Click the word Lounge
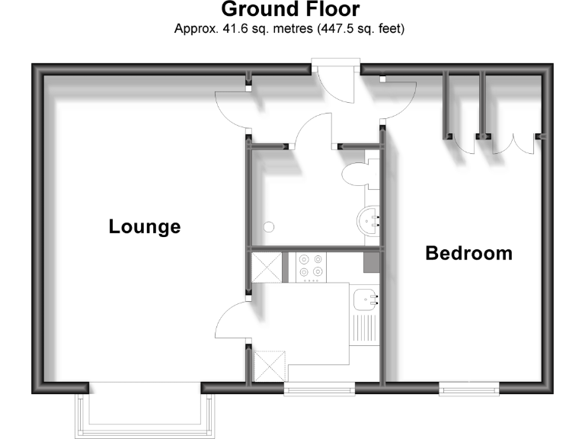(145, 226)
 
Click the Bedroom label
(468, 253)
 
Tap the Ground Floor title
(290, 10)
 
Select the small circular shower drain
(268, 226)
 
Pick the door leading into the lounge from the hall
(232, 107)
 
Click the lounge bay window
(145, 412)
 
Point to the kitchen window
(319, 389)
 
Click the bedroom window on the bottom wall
(469, 389)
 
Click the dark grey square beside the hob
(371, 262)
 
